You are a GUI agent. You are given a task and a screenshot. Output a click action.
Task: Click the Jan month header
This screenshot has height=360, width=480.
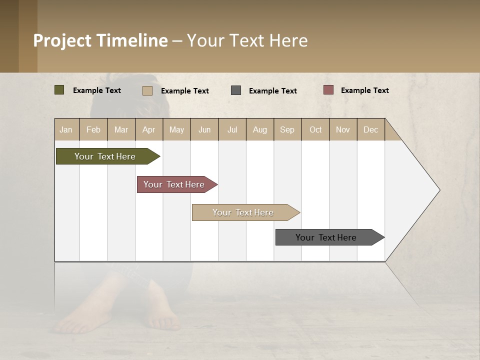tap(66, 129)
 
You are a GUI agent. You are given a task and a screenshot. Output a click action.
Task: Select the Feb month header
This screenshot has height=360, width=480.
tap(93, 129)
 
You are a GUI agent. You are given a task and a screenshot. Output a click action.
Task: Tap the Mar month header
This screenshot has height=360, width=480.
tap(121, 129)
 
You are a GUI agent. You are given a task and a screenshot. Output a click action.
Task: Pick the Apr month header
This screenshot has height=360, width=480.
tap(149, 129)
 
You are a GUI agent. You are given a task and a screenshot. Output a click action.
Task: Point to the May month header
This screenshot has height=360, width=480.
tap(176, 129)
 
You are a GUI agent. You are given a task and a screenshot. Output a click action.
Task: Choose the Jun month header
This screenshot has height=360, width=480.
tap(204, 129)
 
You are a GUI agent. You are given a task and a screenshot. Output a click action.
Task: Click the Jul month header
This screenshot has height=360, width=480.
tap(232, 129)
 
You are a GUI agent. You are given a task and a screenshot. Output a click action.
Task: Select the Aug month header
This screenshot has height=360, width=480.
tap(260, 129)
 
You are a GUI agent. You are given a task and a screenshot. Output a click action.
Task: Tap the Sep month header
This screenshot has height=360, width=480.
tap(287, 129)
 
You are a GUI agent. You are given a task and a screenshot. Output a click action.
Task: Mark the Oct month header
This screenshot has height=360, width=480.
tap(315, 129)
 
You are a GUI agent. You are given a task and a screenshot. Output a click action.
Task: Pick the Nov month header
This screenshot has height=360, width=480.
tap(343, 129)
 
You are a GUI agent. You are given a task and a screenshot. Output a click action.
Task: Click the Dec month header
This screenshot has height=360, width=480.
tap(371, 129)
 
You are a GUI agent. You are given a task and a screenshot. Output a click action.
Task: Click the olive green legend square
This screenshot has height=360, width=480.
tap(59, 90)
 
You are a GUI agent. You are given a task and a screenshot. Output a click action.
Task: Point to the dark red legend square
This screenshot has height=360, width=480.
tap(328, 90)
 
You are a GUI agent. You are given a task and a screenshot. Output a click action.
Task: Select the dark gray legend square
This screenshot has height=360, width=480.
tap(236, 90)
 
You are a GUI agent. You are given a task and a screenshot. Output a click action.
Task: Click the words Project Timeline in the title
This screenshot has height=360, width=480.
tap(100, 40)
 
